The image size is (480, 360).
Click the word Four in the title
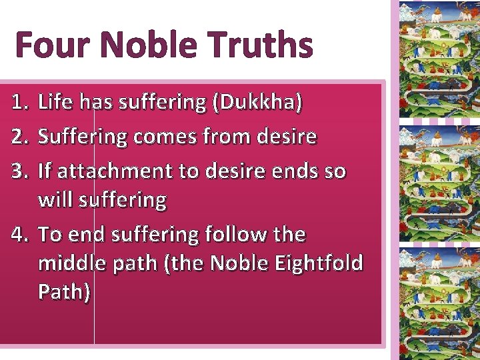tap(51, 45)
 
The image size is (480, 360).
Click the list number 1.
tap(21, 102)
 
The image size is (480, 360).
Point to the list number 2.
tap(21, 137)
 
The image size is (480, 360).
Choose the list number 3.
tap(21, 171)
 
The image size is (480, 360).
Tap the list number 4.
tap(21, 234)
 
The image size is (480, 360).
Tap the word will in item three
tap(56, 200)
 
